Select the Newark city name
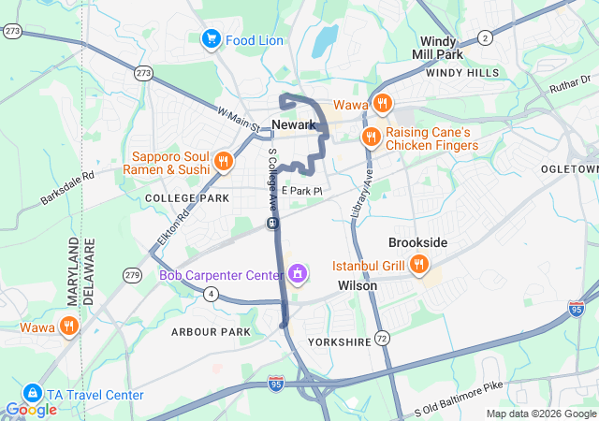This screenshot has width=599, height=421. tap(293, 124)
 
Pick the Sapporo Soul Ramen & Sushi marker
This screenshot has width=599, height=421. tap(223, 163)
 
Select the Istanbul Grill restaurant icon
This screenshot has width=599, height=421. tap(418, 266)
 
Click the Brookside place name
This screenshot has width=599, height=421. tap(417, 242)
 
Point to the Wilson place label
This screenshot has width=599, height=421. tap(358, 285)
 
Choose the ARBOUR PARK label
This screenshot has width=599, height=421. tap(211, 332)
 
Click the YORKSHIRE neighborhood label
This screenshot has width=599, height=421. tap(339, 342)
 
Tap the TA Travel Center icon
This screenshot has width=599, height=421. tap(33, 394)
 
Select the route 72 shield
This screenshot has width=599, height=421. tap(381, 337)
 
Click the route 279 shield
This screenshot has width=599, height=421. tap(132, 274)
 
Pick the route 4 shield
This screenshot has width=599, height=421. tap(212, 294)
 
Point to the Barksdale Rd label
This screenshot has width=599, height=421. tap(68, 187)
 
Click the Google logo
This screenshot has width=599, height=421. tap(31, 409)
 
